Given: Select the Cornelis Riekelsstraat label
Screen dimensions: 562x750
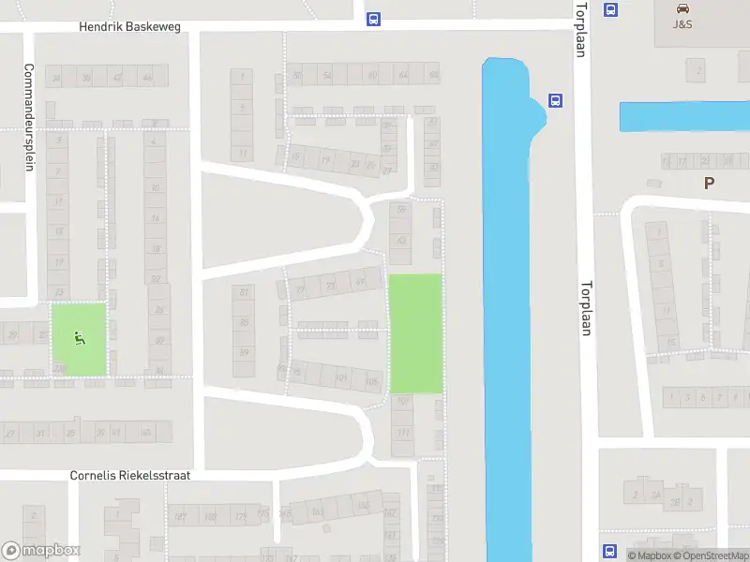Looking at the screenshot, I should (129, 476).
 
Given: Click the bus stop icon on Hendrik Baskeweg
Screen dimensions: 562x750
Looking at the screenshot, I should (373, 19).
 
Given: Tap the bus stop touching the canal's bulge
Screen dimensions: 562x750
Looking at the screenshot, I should (555, 101).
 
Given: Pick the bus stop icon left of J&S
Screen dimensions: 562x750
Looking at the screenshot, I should (611, 10).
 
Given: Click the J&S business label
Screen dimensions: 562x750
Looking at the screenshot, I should (682, 23).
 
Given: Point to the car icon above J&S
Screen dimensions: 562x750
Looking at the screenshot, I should (682, 8).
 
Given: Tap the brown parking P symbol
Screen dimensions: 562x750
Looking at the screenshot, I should (709, 184).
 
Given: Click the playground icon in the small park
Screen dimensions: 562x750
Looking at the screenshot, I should (79, 338).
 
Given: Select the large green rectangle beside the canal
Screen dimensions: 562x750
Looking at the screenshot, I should (414, 333).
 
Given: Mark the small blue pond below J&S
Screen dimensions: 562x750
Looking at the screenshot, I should (683, 117).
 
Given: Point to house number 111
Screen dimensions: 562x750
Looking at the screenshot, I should (403, 432).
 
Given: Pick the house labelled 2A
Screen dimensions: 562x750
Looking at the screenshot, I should (656, 495).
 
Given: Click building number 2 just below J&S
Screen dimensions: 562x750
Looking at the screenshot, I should (696, 70).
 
